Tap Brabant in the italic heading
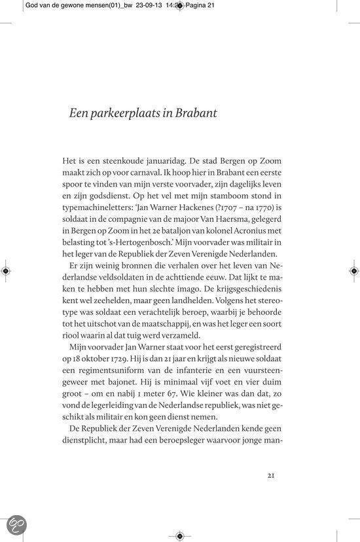tap(194, 112)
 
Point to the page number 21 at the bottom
tap(275, 477)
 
